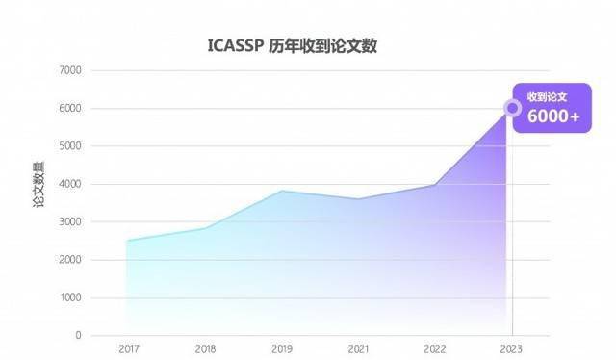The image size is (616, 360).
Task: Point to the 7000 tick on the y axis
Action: tap(70, 70)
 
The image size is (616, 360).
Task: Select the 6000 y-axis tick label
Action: tap(70, 109)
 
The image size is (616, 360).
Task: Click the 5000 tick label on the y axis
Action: tap(70, 146)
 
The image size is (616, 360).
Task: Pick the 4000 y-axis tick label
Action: tap(70, 184)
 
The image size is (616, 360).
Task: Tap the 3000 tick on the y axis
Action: tap(70, 222)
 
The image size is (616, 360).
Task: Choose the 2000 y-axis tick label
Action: tap(70, 260)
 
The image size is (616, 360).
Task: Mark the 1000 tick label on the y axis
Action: tap(70, 297)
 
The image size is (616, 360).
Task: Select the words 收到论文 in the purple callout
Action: tap(547, 96)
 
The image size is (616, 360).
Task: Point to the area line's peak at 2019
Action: tap(281, 191)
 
